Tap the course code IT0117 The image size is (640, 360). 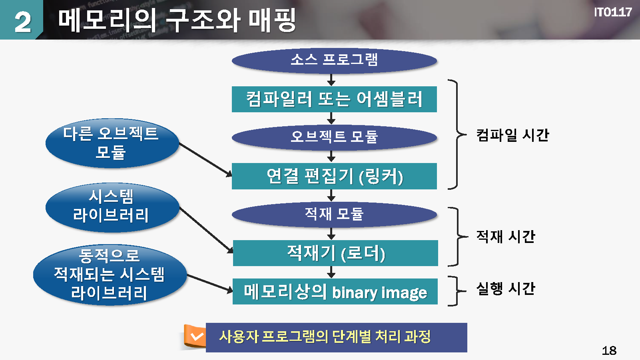[612, 12]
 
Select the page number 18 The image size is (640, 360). [609, 350]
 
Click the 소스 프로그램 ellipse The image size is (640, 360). [334, 60]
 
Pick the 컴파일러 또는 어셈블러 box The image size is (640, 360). [334, 99]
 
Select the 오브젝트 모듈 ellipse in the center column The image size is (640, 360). [334, 137]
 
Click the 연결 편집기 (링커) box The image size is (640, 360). [334, 176]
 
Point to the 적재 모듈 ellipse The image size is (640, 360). [334, 214]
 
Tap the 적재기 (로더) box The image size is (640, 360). [335, 253]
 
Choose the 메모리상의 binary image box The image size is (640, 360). [335, 292]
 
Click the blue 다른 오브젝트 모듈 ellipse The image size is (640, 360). [112, 143]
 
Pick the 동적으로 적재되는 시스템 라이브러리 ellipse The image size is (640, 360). [110, 274]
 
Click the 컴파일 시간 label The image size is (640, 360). [512, 135]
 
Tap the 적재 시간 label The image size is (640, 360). [505, 237]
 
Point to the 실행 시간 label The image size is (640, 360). [505, 288]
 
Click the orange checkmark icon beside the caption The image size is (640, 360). [195, 336]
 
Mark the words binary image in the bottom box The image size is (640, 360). [379, 293]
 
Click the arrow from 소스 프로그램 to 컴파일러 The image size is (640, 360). [331, 80]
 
